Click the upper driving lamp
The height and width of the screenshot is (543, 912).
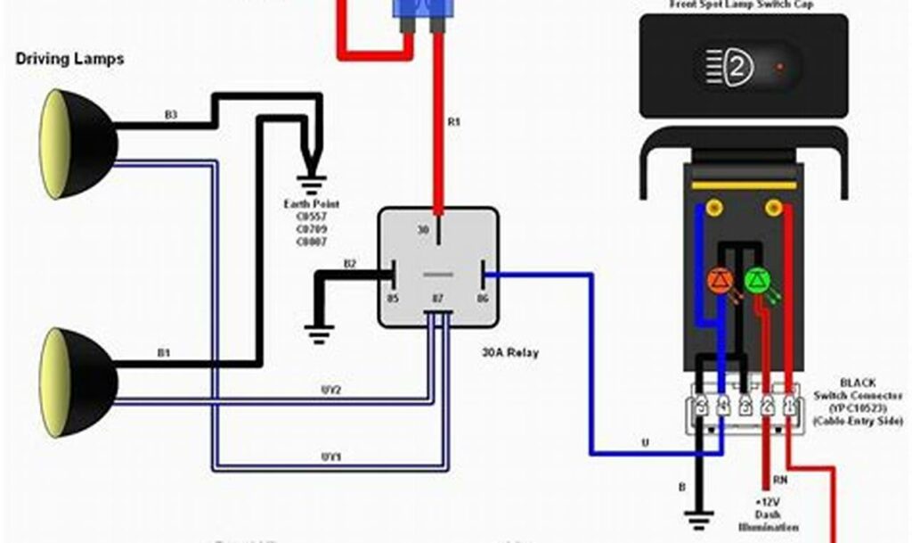tap(76, 144)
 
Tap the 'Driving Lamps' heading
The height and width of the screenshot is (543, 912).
tap(69, 60)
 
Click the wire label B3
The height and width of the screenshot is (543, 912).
tap(171, 115)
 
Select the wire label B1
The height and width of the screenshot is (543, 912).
tap(164, 353)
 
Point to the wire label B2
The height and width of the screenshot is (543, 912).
tap(350, 264)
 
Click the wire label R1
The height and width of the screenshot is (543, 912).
tap(454, 122)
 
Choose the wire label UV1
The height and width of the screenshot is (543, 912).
tap(331, 457)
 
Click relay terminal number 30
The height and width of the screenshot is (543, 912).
tap(424, 229)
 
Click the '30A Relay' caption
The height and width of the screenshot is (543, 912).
tap(510, 352)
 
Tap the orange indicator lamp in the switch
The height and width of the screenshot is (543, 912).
tap(721, 281)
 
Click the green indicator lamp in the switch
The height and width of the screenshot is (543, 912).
tap(756, 281)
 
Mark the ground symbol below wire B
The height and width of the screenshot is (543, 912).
tap(697, 515)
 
